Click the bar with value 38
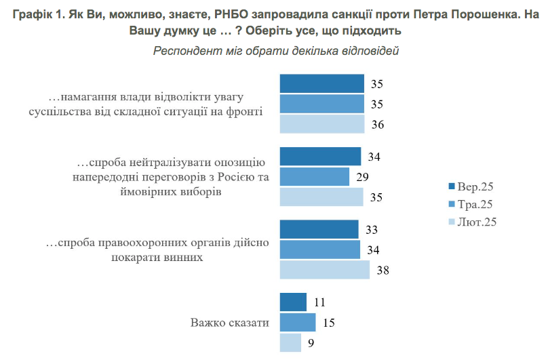pos(325,270)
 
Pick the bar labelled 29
pos(314,176)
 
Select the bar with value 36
pos(322,125)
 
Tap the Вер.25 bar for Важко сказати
pos(293,302)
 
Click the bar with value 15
pos(298,322)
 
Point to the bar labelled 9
pos(290,342)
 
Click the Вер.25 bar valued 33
pos(319,229)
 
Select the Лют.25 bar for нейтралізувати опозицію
pos(321,197)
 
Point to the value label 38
pos(383,271)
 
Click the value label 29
pos(362,177)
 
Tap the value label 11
pos(319,302)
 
